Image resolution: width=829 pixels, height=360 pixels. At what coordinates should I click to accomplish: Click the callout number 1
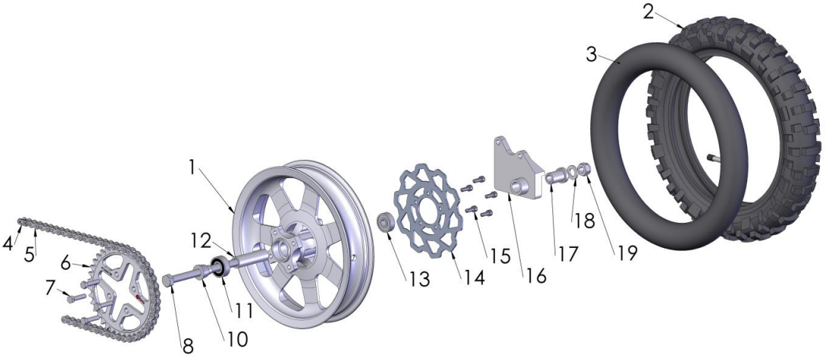coord(192,167)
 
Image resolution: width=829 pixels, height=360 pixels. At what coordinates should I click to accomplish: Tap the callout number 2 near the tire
coord(649,11)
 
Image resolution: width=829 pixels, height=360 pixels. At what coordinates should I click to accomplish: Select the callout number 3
coord(592,54)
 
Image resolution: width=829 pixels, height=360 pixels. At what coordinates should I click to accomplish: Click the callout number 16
coord(535,275)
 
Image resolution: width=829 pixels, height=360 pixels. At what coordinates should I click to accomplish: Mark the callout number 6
coord(65,263)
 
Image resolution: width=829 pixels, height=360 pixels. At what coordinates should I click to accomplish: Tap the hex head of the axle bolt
coord(168,280)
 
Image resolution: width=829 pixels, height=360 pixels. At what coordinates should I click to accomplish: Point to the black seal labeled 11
coord(220,267)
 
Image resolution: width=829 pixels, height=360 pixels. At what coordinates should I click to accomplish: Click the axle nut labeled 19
coord(583,169)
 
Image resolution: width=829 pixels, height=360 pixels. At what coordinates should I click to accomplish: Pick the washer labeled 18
coord(571,172)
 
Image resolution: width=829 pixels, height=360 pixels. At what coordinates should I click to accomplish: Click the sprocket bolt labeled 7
coord(73,299)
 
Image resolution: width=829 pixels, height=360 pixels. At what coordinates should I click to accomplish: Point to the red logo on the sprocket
coord(140,299)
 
